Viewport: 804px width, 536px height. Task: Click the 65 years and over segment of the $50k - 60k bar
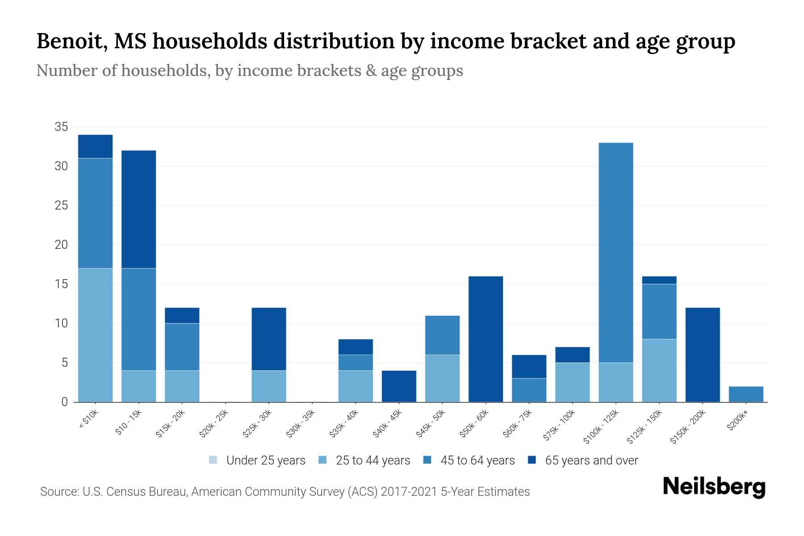(486, 339)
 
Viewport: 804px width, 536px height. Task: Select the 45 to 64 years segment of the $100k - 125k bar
(616, 252)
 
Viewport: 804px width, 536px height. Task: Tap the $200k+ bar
(745, 394)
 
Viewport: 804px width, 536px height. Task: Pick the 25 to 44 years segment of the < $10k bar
(95, 335)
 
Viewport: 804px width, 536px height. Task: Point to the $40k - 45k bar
(399, 386)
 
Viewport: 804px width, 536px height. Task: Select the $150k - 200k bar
(702, 355)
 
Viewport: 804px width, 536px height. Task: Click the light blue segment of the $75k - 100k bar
(572, 382)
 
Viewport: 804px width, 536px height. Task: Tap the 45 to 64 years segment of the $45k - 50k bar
(442, 335)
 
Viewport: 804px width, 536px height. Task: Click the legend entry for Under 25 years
(258, 460)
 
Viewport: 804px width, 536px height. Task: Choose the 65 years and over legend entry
(583, 460)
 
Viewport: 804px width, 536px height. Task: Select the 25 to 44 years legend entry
(364, 460)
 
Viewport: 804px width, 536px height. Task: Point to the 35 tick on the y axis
(61, 127)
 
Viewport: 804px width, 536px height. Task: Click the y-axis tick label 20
(61, 245)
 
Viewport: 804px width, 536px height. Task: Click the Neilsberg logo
(714, 487)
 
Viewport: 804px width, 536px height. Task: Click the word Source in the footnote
(59, 492)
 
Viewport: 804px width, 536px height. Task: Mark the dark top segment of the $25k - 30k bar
(268, 339)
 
